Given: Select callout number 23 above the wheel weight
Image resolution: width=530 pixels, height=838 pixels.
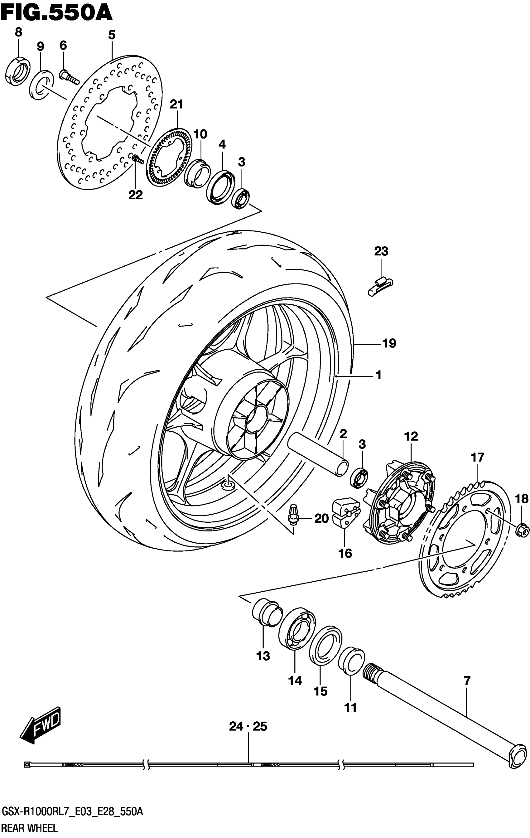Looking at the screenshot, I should tap(381, 251).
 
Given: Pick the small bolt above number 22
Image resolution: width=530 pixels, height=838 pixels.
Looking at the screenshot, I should tap(137, 160).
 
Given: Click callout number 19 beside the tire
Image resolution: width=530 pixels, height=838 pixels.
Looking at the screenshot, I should tap(389, 343).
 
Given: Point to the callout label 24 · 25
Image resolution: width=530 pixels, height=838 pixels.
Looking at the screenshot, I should tap(248, 726).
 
